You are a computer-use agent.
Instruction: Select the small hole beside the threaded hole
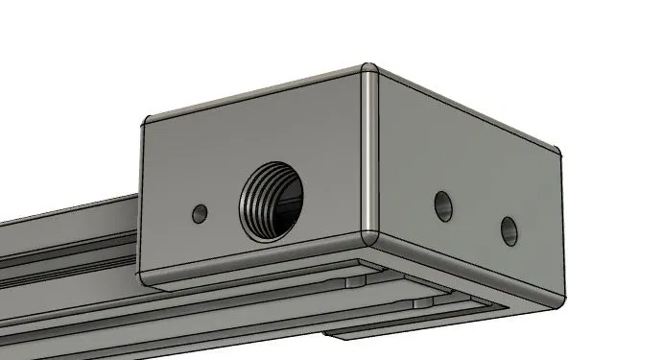point(201,211)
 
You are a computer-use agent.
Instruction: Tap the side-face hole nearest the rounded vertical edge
point(442,204)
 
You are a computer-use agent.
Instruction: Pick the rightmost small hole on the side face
point(508,228)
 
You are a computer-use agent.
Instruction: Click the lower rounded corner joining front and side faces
point(369,234)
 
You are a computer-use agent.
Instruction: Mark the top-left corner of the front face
point(145,121)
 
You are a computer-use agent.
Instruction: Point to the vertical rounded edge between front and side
point(369,154)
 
